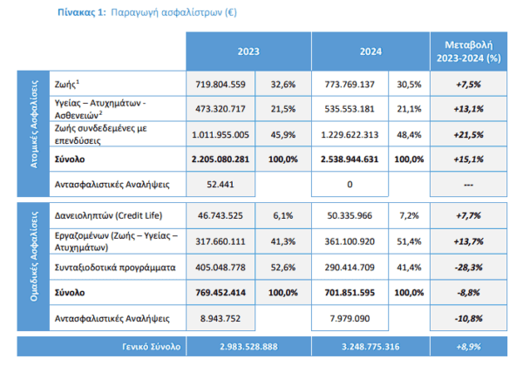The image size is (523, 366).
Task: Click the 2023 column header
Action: point(248,51)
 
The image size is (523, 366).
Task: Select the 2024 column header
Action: point(370,51)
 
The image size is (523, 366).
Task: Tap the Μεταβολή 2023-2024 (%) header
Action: point(469,51)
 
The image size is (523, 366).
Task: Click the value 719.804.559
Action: point(221,85)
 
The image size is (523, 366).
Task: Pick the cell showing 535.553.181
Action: point(350,109)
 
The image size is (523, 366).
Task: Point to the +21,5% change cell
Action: point(469,135)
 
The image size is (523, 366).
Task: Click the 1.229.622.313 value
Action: point(350,135)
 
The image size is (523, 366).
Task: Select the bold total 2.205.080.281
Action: point(221,159)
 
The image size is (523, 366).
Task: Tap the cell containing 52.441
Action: point(221,185)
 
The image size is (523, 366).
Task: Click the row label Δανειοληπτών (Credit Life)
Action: point(108,215)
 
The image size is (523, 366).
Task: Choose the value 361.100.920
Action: point(350,241)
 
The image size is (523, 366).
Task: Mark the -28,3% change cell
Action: point(469,268)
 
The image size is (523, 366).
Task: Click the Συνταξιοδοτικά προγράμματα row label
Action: point(115,268)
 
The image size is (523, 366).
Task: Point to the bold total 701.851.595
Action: point(350,293)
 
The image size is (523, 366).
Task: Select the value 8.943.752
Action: point(221,318)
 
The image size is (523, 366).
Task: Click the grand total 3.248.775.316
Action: point(370,347)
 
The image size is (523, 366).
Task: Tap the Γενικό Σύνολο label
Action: point(151,347)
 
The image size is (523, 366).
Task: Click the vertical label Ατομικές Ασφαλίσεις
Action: point(34,124)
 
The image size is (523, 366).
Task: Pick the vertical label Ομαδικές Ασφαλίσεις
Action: point(34,256)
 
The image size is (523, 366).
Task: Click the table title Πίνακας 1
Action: point(82,12)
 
